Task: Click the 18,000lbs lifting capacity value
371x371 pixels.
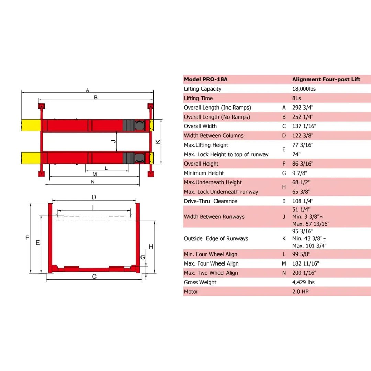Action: click(304, 89)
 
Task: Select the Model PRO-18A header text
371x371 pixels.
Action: click(205, 79)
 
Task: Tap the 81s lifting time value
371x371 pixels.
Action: click(297, 98)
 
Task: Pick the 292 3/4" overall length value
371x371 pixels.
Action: click(303, 108)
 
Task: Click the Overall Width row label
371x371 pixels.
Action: click(200, 126)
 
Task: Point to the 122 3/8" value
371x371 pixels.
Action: click(303, 136)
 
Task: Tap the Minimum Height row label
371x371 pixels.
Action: click(204, 173)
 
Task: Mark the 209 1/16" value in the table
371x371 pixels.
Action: click(304, 273)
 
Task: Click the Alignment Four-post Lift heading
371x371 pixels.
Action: click(326, 79)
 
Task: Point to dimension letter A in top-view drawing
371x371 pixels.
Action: click(88, 90)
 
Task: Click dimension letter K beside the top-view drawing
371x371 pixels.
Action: click(158, 142)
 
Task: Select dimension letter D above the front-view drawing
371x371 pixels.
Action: click(94, 197)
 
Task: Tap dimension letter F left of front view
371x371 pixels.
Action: click(27, 238)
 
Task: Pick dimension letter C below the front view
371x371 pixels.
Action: click(94, 277)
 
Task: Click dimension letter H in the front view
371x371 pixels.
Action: click(150, 246)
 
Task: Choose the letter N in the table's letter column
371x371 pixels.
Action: click(284, 273)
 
